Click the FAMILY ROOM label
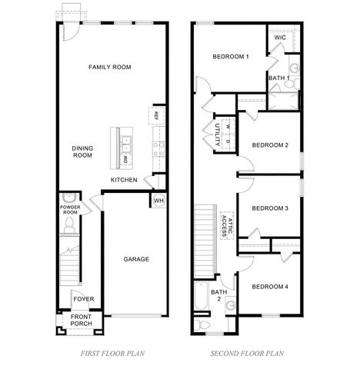[x=109, y=67]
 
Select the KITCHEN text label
[x=124, y=180]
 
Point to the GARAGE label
[x=136, y=259]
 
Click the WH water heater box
[x=158, y=201]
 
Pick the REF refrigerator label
[x=156, y=115]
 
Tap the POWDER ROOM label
[x=70, y=209]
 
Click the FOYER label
[x=82, y=300]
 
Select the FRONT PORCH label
[x=82, y=321]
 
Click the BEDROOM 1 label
[x=231, y=57]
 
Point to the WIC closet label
[x=280, y=36]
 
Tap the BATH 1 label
[x=278, y=78]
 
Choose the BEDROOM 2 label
[x=270, y=145]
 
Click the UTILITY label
[x=218, y=134]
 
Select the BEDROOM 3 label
[x=270, y=208]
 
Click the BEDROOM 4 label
[x=270, y=287]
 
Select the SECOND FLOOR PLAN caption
[x=247, y=355]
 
